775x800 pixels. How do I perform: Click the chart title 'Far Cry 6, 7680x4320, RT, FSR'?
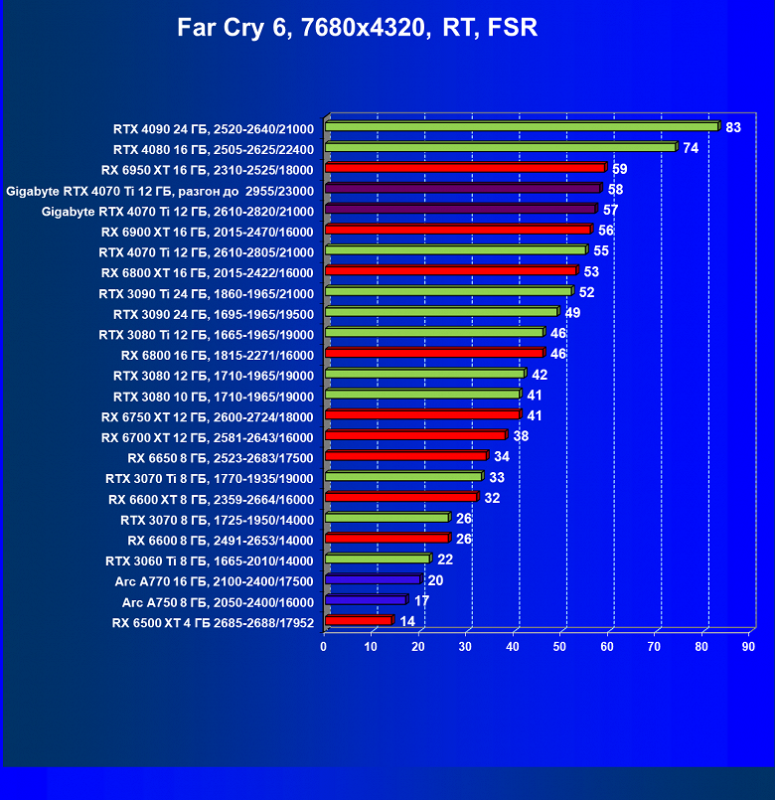coord(358,28)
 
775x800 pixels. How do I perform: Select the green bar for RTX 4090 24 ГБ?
coord(521,126)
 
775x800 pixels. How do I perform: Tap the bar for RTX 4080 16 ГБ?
coord(500,147)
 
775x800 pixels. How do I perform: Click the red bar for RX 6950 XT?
coord(464,168)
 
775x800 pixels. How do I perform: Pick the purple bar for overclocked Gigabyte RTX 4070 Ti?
coord(462,189)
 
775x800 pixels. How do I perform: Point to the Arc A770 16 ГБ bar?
coord(372,578)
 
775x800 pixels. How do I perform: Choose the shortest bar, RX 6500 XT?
coord(358,620)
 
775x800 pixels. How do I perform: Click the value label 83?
coord(733,127)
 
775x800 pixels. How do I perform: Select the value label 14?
coord(407,621)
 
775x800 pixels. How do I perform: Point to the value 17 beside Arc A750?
coord(421,600)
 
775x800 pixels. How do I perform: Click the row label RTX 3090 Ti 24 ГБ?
coord(207,294)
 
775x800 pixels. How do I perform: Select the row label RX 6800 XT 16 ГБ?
coord(208,273)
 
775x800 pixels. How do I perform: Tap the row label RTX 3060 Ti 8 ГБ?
coord(210,561)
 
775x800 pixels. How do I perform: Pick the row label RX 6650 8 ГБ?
coord(221,458)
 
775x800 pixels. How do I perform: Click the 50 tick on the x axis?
coord(560,647)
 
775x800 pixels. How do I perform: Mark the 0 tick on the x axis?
coord(324,647)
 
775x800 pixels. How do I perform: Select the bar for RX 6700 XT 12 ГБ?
coord(415,435)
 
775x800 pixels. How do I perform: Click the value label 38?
coord(521,436)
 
